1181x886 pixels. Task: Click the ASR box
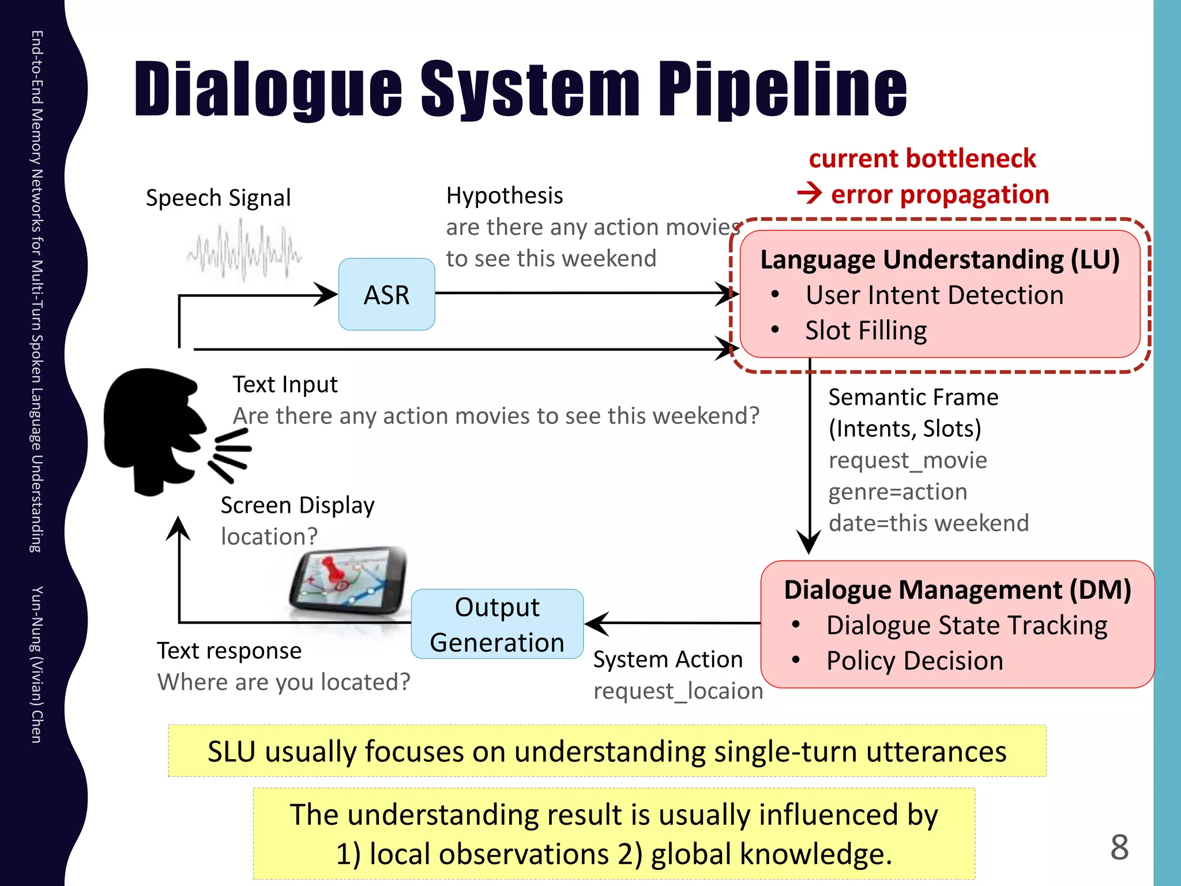[x=386, y=294]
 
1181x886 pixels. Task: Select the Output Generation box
[x=497, y=624]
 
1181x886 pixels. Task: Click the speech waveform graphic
[x=243, y=254]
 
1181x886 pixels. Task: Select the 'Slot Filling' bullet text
[x=866, y=331]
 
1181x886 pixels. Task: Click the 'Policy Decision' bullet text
[x=915, y=660]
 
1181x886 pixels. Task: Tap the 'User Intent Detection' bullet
[x=934, y=295]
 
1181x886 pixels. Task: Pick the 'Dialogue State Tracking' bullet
[x=966, y=625]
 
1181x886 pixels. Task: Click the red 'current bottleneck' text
[x=922, y=159]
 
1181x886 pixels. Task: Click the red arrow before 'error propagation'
[x=810, y=193]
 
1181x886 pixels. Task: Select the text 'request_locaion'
[x=678, y=690]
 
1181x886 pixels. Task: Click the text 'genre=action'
[x=897, y=491]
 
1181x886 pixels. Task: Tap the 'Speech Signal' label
[x=218, y=198]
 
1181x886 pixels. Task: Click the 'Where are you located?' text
[x=284, y=682]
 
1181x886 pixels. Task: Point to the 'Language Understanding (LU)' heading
[x=939, y=260]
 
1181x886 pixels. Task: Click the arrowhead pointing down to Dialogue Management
[x=809, y=542]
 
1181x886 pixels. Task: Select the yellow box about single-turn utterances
[x=607, y=751]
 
